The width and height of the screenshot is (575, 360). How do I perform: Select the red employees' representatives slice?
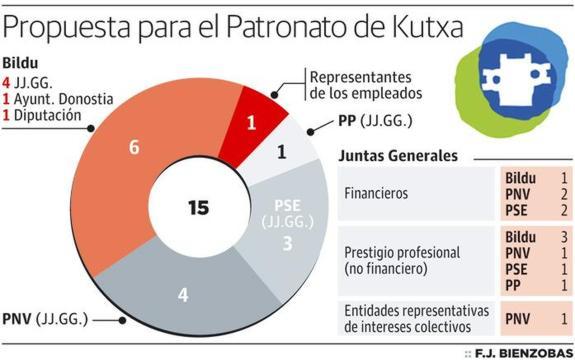point(253,122)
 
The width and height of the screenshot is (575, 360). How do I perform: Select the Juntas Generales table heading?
point(398,156)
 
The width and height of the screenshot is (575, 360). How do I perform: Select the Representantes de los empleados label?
point(359,85)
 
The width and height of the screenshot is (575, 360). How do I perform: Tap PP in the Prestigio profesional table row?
point(513,287)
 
